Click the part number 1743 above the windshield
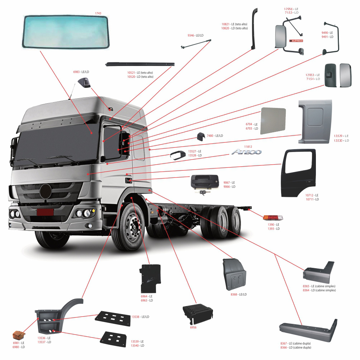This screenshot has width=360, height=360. [x=98, y=14]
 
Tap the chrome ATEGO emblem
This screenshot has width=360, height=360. [x=246, y=152]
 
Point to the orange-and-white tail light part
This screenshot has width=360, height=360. [x=273, y=218]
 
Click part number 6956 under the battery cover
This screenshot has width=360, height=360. [x=193, y=327]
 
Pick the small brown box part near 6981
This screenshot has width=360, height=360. [x=19, y=335]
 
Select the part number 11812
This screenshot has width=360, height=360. [x=248, y=147]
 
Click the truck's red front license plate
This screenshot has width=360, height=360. [x=45, y=212]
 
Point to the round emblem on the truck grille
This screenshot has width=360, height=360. [x=46, y=191]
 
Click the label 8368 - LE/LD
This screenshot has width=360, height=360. [x=238, y=294]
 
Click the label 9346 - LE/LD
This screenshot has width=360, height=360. [x=195, y=35]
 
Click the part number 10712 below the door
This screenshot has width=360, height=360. [x=309, y=195]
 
